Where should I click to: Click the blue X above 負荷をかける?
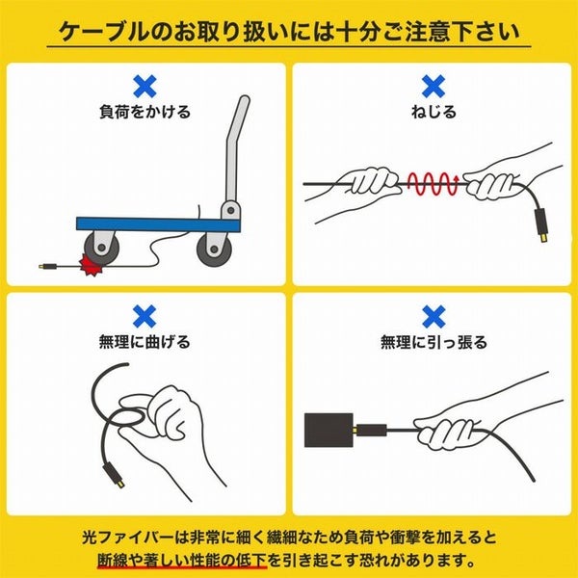click(x=144, y=87)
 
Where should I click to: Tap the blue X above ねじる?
click(x=433, y=87)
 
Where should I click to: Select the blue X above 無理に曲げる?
click(x=144, y=316)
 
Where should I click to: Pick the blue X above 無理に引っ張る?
click(x=433, y=316)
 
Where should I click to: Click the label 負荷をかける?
click(x=144, y=112)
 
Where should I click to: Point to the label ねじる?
click(x=433, y=112)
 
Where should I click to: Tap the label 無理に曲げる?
click(x=144, y=342)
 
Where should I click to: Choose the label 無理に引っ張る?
click(x=433, y=342)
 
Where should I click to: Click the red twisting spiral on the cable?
click(x=433, y=183)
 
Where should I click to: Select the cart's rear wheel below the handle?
click(x=214, y=249)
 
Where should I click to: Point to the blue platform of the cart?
click(x=159, y=224)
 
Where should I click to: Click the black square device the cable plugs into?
click(x=328, y=431)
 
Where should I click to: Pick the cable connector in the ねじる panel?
click(x=541, y=225)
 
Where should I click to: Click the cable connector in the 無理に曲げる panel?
click(x=115, y=475)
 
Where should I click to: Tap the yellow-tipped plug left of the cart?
click(x=48, y=266)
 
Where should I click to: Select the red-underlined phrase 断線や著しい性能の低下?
click(x=182, y=561)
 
